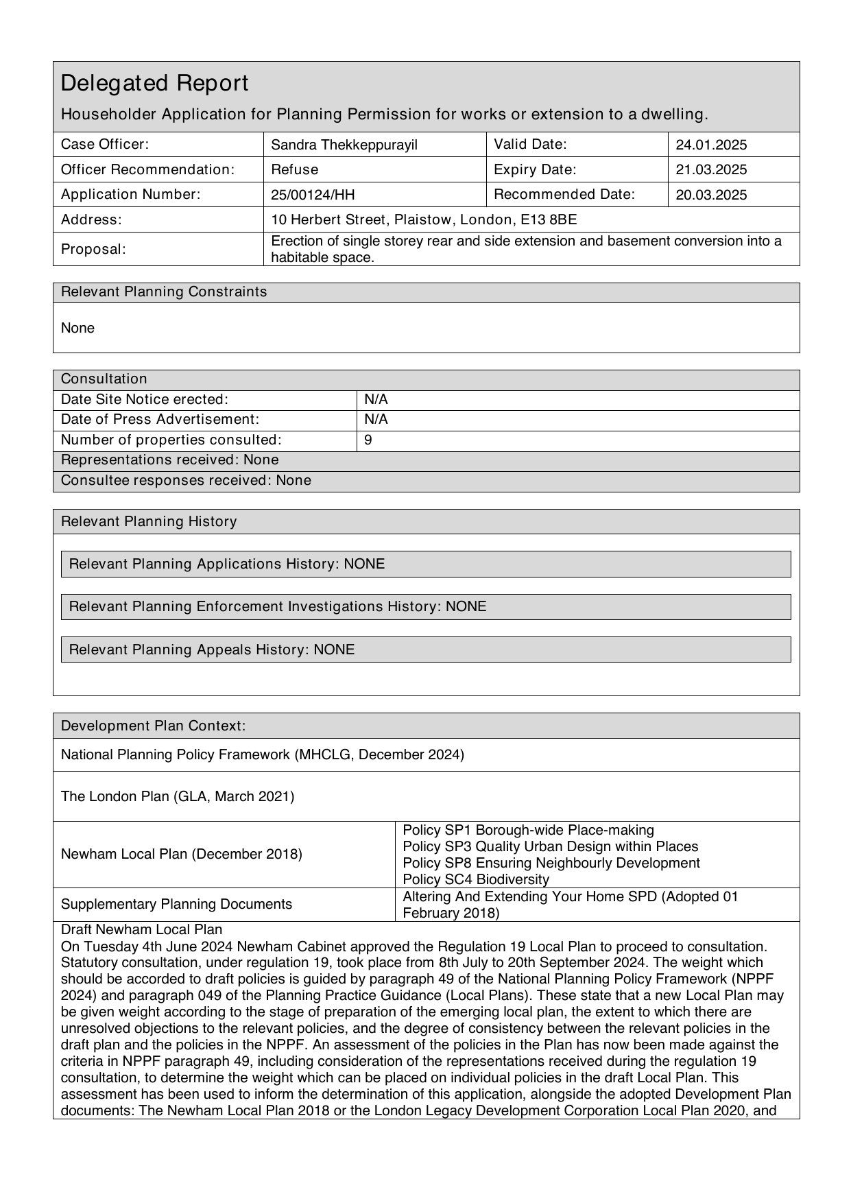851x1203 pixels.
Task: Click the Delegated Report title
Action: pos(154,84)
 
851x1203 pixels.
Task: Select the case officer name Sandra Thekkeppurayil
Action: pos(344,145)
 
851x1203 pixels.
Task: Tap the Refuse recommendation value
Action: pos(294,169)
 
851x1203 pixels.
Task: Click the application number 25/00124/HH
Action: pos(313,195)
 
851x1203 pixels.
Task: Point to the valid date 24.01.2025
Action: pos(711,145)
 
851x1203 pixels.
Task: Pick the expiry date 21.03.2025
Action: pos(711,169)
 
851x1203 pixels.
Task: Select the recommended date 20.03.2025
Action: pos(711,195)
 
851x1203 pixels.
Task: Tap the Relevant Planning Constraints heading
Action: pos(164,292)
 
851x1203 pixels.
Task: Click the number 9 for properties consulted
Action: pos(368,440)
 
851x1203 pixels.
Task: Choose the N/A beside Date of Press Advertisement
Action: pos(376,420)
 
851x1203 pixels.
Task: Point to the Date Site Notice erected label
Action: pos(144,399)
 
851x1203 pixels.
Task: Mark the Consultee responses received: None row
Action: pos(186,481)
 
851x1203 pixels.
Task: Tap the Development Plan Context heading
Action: pos(153,726)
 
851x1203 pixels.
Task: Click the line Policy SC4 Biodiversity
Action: pos(476,879)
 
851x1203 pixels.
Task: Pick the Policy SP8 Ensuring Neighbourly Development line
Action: pos(551,863)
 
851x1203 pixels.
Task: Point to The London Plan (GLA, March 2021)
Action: pos(178,796)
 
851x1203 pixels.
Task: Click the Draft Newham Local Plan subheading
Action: pos(141,929)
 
